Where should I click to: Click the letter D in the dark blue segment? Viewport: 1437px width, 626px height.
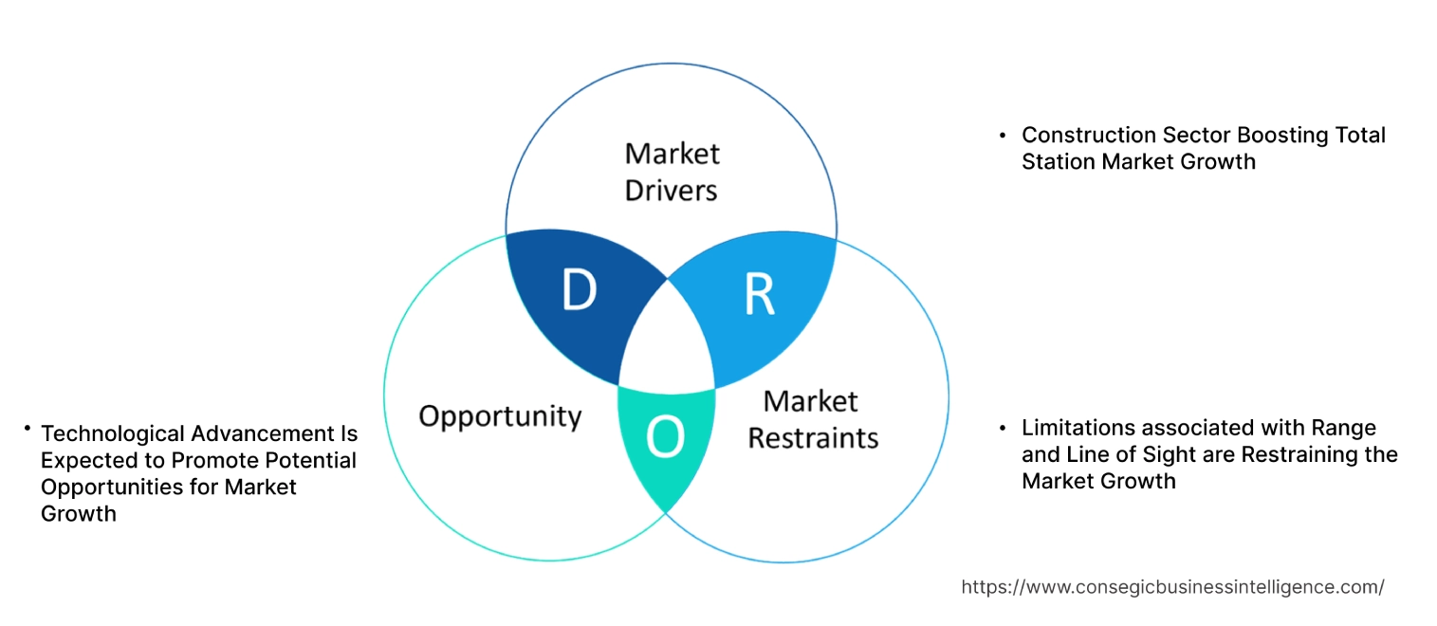click(x=578, y=291)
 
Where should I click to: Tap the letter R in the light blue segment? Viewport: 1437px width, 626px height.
click(x=758, y=295)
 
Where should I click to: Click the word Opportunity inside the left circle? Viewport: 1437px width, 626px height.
click(x=500, y=415)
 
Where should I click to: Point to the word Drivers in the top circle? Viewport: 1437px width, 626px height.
click(x=671, y=190)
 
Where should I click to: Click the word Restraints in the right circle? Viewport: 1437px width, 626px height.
click(x=813, y=437)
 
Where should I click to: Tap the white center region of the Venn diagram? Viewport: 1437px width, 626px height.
click(x=667, y=341)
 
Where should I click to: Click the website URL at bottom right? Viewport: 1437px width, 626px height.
click(x=1172, y=587)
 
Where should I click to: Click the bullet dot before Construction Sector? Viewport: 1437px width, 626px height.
click(x=1003, y=136)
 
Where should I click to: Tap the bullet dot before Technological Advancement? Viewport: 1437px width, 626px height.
click(x=28, y=430)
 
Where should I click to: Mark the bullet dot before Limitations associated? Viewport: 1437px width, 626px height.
click(x=1003, y=428)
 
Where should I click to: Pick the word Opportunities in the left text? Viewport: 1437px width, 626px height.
click(x=103, y=487)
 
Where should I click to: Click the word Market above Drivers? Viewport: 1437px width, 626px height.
click(x=672, y=153)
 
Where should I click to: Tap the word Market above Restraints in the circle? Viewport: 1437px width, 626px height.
click(x=810, y=401)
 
